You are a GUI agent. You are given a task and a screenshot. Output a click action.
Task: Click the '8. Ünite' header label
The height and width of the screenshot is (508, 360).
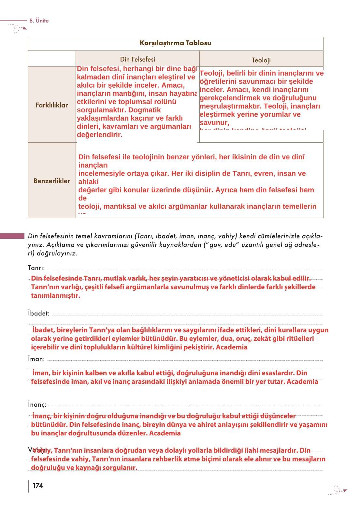(x=39, y=21)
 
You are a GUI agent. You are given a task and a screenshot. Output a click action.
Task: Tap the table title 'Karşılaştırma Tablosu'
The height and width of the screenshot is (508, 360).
(x=175, y=43)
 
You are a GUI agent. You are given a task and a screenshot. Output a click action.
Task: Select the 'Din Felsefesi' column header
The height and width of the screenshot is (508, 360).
(x=137, y=59)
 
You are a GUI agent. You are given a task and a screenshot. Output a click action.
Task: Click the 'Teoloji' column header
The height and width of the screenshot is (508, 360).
(x=261, y=60)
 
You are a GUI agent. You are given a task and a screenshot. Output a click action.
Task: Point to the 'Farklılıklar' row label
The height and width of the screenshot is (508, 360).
(x=52, y=105)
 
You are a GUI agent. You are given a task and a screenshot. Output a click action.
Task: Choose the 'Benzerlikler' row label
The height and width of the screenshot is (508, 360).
(x=52, y=181)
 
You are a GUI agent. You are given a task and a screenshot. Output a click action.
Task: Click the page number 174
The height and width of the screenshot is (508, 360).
(x=38, y=486)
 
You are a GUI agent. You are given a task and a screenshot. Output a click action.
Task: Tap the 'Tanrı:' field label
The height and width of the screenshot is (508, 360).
(x=36, y=268)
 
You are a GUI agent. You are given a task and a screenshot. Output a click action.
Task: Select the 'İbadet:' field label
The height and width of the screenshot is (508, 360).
(x=39, y=313)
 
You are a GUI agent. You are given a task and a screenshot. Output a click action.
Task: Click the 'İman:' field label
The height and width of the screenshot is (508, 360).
(x=36, y=359)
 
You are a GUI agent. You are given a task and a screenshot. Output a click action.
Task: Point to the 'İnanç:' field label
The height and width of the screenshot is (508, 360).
(x=37, y=405)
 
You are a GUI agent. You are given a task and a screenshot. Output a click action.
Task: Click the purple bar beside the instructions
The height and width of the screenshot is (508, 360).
(x=12, y=236)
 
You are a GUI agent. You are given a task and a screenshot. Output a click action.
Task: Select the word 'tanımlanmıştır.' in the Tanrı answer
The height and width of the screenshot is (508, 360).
(x=55, y=296)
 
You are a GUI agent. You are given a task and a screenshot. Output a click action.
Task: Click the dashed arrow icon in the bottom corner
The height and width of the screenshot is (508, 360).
(x=339, y=490)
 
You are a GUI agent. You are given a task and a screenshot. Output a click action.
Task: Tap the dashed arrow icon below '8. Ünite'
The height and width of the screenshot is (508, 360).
(x=18, y=29)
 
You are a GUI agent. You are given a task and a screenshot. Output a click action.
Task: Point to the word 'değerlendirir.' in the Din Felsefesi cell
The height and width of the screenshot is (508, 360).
(x=100, y=135)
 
